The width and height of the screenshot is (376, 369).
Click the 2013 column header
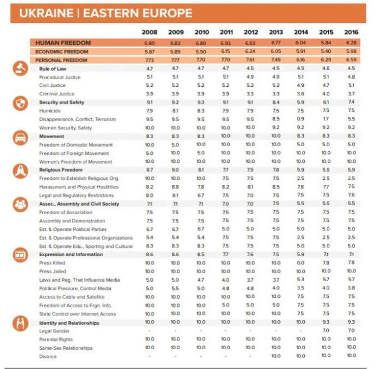276,32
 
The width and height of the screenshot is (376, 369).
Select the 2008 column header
149,32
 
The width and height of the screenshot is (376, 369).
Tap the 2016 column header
351,32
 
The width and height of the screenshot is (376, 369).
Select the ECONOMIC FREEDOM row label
62,52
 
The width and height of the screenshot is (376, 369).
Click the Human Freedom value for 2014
301,43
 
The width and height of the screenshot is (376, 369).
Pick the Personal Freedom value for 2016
351,60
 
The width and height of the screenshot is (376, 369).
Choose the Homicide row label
50,111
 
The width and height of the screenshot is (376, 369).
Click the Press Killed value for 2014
301,263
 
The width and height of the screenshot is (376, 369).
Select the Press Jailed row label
52,272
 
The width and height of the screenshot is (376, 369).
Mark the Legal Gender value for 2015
326,330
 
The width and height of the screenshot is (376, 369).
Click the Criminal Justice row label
56,94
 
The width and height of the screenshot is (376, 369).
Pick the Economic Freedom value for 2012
250,52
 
